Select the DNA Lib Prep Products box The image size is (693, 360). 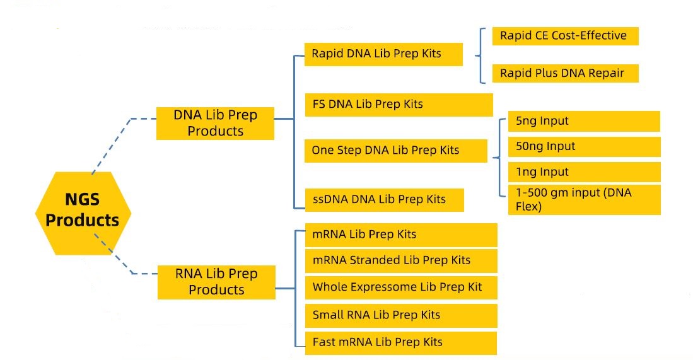215,123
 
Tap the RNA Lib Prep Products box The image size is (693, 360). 216,282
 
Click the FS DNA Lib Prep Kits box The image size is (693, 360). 398,105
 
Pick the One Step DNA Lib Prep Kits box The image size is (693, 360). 395,151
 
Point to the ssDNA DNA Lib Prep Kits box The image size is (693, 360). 384,200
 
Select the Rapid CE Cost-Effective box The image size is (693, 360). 564,36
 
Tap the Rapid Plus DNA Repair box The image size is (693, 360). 564,73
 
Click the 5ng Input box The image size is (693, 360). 584,121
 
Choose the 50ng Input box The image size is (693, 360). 584,147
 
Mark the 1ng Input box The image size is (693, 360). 584,172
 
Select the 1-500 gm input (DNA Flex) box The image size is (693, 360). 584,199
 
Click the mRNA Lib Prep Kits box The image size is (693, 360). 401,235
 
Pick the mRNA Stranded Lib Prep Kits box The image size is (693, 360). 401,260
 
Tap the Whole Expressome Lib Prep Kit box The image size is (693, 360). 401,287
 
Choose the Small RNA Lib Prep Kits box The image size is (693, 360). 401,315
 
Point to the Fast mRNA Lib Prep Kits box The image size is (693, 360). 401,343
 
